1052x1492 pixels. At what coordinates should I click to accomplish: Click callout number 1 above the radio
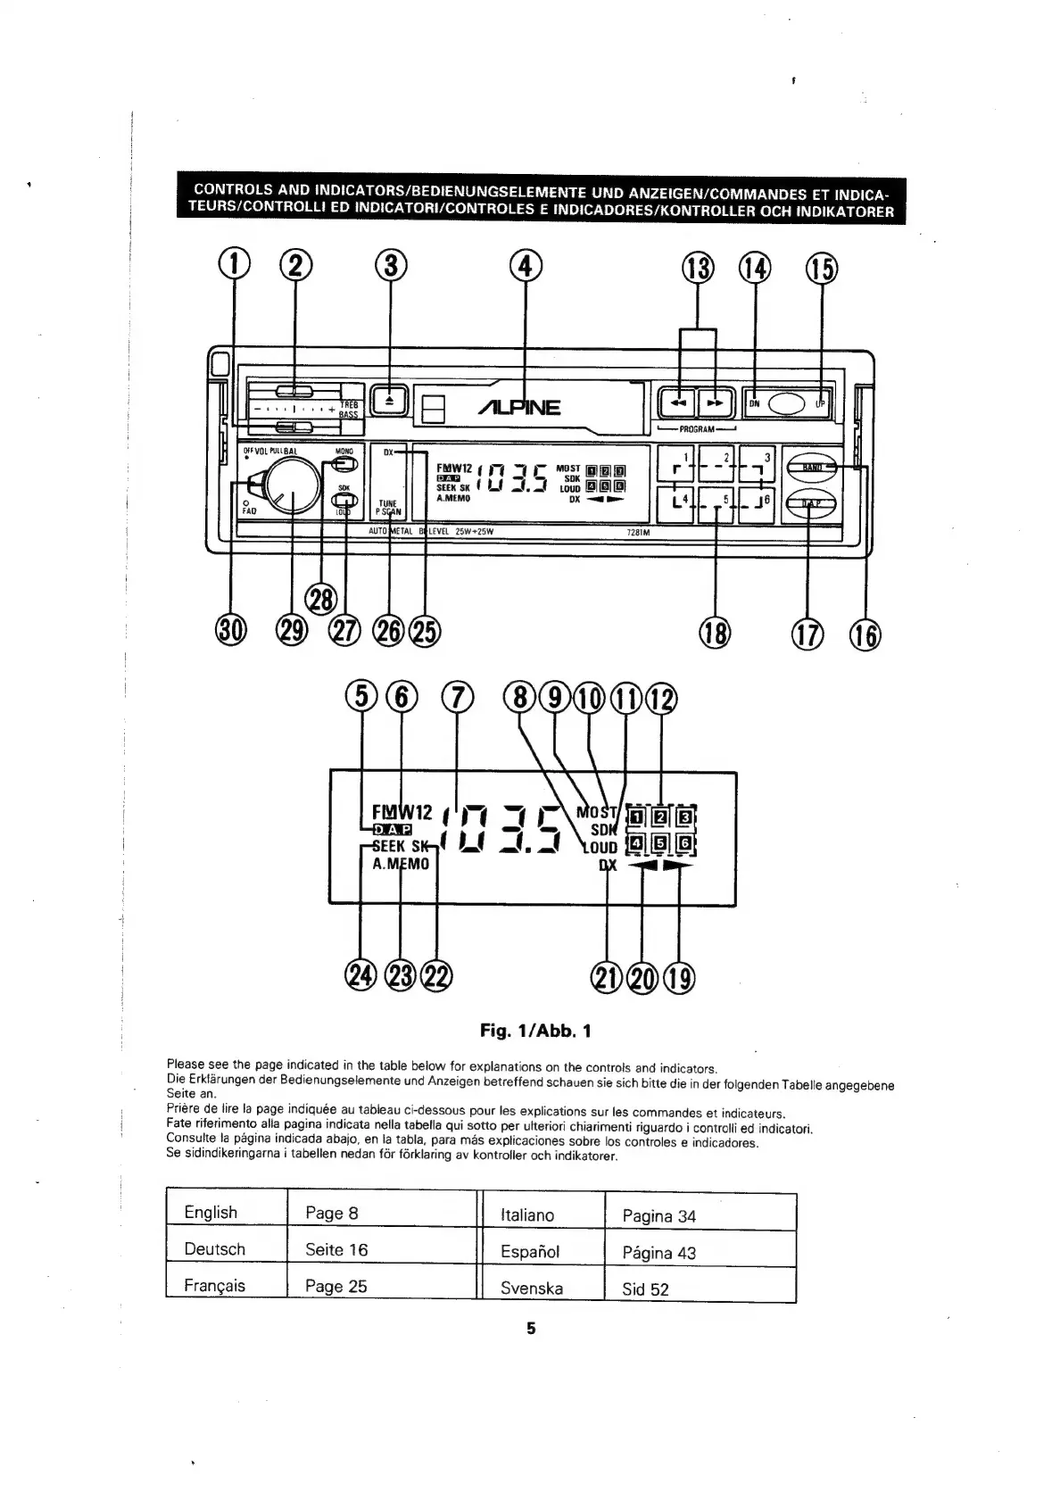[x=234, y=265]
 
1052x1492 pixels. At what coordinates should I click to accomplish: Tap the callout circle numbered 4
[x=525, y=265]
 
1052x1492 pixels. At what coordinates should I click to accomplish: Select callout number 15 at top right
[x=822, y=269]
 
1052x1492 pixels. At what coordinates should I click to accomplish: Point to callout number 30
[x=230, y=630]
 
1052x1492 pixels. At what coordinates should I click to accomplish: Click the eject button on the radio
[x=388, y=401]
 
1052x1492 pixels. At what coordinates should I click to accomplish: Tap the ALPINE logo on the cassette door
[x=520, y=408]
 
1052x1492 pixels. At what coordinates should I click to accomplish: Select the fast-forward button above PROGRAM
[x=714, y=403]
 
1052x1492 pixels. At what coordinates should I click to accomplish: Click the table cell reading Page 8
[x=331, y=1213]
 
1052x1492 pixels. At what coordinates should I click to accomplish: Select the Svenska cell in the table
[x=532, y=1288]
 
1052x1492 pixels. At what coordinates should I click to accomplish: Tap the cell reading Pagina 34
[x=659, y=1215]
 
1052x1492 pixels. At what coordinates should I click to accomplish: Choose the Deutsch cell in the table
[x=214, y=1249]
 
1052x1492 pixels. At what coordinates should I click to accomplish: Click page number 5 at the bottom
[x=531, y=1328]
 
